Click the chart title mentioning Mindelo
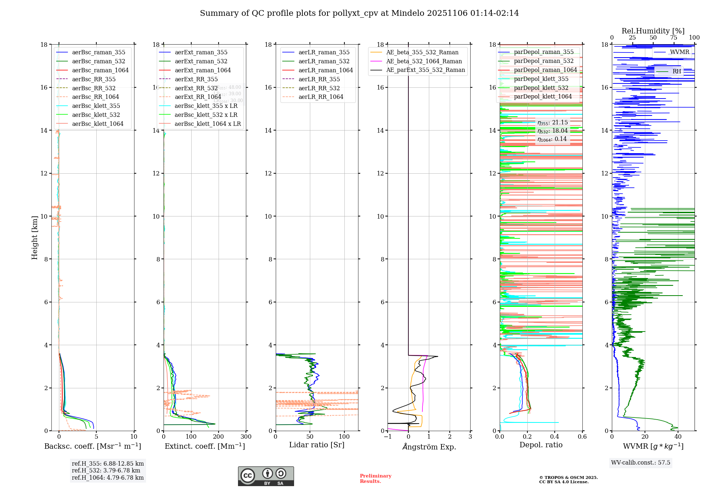tap(359, 13)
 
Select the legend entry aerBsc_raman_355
tap(99, 52)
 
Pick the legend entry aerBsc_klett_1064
tap(97, 124)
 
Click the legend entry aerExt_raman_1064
tap(203, 70)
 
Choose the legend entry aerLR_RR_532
tap(319, 88)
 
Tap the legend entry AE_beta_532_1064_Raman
tap(424, 61)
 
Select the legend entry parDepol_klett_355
tap(541, 79)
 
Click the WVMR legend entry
tap(679, 52)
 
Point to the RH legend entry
tap(677, 72)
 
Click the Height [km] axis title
tap(35, 238)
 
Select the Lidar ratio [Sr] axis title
tap(317, 445)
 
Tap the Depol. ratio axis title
tap(541, 445)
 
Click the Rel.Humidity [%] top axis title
tap(653, 31)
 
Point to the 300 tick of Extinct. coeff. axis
tap(246, 437)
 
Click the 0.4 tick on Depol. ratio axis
tap(555, 437)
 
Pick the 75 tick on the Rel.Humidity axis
tap(674, 38)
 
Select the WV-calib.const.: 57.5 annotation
tap(641, 463)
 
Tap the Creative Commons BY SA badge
tap(266, 476)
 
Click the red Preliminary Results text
tap(375, 479)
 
